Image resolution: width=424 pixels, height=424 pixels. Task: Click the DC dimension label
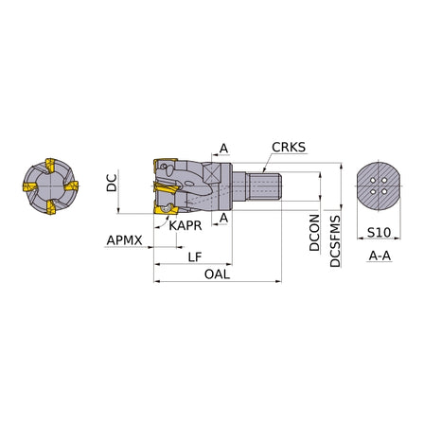point(112,183)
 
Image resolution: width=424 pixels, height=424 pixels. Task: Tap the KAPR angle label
point(185,225)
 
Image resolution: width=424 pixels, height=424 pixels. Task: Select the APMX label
point(124,240)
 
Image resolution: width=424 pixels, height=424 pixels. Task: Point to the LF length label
point(195,257)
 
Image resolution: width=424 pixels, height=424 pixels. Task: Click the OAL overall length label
point(217,274)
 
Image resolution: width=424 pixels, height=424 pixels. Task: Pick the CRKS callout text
point(289,148)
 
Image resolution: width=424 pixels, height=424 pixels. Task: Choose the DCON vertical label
point(314,233)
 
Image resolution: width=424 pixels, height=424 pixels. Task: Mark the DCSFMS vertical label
point(335,241)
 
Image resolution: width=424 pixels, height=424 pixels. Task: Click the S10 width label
point(379,233)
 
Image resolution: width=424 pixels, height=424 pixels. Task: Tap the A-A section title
point(380,256)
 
